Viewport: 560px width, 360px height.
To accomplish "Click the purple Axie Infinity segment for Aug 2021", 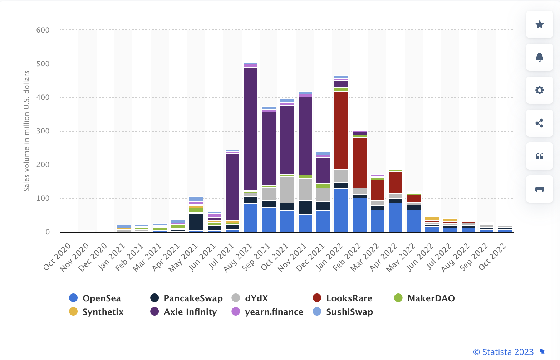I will [250, 129].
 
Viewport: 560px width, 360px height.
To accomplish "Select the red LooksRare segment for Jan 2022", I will [341, 130].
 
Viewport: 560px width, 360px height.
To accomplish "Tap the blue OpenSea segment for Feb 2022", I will [360, 215].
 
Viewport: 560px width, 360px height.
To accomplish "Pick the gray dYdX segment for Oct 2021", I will [287, 190].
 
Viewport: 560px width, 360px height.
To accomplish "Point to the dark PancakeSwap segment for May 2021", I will [196, 222].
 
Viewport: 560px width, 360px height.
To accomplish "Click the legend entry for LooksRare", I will [342, 298].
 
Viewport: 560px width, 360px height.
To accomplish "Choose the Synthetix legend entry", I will [96, 312].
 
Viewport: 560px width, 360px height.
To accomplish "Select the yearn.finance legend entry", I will [267, 312].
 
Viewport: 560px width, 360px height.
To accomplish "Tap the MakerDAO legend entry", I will [424, 298].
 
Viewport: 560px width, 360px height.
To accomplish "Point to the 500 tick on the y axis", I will [43, 64].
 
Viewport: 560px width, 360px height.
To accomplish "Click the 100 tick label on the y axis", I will [43, 198].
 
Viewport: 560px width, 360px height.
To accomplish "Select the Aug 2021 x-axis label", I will [239, 257].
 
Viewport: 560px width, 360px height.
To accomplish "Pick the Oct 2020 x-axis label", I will [57, 257].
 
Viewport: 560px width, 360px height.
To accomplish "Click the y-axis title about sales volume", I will [26, 131].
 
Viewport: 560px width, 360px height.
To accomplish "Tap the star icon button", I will [540, 24].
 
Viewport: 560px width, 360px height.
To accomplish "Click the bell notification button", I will [540, 57].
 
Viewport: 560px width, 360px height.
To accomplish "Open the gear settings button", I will [540, 90].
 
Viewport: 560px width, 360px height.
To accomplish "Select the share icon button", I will [540, 123].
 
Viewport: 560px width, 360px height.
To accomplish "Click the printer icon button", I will [540, 189].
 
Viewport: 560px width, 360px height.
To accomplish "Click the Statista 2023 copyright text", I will [503, 352].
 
